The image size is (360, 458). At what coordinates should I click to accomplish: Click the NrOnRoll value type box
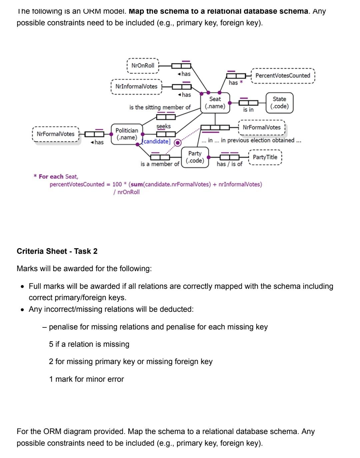[x=143, y=66]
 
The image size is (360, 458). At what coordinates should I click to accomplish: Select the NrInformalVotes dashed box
[x=136, y=87]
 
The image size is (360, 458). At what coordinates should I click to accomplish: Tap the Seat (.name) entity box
[x=215, y=103]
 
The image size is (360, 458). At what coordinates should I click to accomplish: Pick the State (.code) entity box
[x=279, y=103]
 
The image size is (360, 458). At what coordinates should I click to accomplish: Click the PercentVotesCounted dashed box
[x=282, y=76]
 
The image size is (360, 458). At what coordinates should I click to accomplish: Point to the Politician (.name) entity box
[x=127, y=134]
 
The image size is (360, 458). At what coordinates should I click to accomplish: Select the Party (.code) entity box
[x=195, y=157]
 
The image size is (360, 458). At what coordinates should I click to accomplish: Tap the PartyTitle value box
[x=265, y=157]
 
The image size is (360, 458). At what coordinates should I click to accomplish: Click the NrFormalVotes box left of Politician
[x=56, y=134]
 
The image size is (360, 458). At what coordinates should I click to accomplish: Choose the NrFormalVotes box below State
[x=262, y=127]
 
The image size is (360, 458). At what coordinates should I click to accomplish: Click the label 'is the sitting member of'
[x=160, y=107]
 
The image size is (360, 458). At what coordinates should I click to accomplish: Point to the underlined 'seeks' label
[x=163, y=126]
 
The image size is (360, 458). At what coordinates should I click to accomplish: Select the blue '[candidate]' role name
[x=156, y=142]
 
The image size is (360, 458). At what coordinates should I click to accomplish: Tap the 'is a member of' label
[x=160, y=164]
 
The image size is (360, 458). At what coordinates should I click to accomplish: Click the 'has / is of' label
[x=229, y=164]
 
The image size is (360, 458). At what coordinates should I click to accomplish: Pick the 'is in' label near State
[x=248, y=110]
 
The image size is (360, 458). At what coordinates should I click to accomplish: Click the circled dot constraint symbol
[x=178, y=143]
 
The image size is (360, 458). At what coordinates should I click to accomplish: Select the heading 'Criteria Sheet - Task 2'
[x=57, y=251]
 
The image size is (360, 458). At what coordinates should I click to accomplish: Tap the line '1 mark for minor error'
[x=86, y=379]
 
